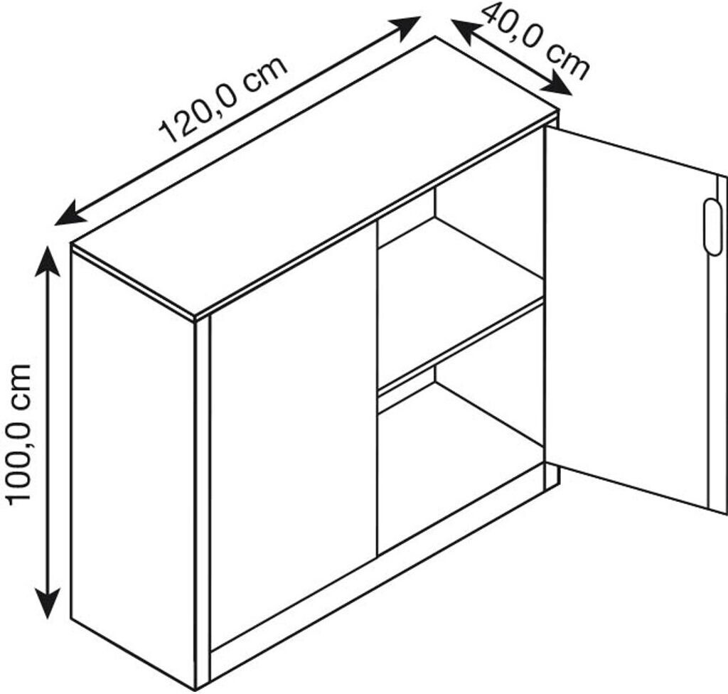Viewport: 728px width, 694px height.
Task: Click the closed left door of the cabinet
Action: tap(291, 434)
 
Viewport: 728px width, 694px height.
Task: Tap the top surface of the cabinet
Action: tap(313, 178)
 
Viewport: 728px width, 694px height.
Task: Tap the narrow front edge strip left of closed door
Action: tap(202, 498)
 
